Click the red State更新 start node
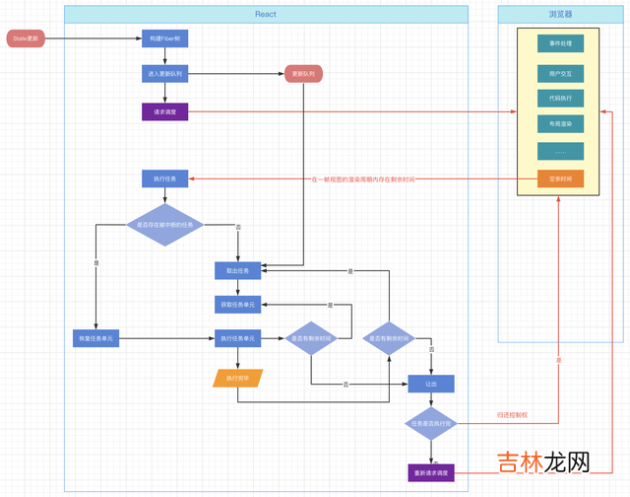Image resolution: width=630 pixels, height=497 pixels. click(26, 38)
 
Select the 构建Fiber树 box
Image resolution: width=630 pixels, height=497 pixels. click(164, 38)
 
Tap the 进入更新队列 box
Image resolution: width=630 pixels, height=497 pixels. click(164, 74)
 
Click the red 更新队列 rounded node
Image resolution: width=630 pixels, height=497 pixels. click(303, 74)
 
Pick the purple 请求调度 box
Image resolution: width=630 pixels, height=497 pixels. click(164, 112)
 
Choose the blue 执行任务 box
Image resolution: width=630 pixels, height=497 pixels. click(164, 178)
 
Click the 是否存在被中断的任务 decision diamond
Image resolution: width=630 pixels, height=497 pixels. click(164, 225)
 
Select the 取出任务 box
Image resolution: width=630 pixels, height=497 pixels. click(238, 270)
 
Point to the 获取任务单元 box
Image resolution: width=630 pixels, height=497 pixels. click(238, 305)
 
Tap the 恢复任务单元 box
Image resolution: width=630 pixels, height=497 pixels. click(96, 338)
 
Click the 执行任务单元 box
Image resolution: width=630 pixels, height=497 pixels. click(238, 338)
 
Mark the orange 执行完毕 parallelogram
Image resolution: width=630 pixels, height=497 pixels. click(238, 378)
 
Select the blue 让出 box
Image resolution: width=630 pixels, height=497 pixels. click(431, 384)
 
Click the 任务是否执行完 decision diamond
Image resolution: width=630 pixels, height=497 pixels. click(431, 424)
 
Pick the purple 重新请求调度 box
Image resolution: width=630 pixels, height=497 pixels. click(431, 472)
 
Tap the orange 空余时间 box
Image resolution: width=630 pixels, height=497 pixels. click(560, 178)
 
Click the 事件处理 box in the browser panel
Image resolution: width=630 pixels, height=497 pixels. click(560, 43)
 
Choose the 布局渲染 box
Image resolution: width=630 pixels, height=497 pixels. click(560, 124)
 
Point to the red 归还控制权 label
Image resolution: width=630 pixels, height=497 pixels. click(512, 416)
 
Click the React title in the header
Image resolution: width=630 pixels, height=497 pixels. click(266, 14)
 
